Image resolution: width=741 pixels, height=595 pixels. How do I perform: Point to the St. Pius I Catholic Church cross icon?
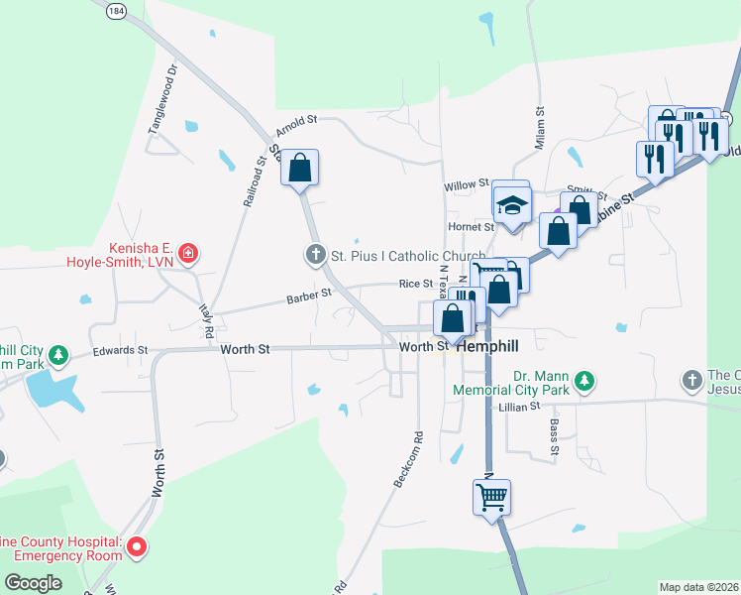click(316, 255)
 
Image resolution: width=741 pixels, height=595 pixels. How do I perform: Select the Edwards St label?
click(120, 350)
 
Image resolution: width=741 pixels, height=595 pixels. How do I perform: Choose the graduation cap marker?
click(511, 204)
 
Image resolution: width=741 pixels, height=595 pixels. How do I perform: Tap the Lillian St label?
click(520, 407)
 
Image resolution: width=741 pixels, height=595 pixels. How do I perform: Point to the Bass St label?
click(555, 437)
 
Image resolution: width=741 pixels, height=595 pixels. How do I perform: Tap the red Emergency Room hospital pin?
click(139, 546)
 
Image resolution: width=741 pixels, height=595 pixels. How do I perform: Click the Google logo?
click(34, 583)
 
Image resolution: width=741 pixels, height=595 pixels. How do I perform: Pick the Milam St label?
click(541, 128)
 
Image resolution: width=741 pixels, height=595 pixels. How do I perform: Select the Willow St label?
click(467, 184)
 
